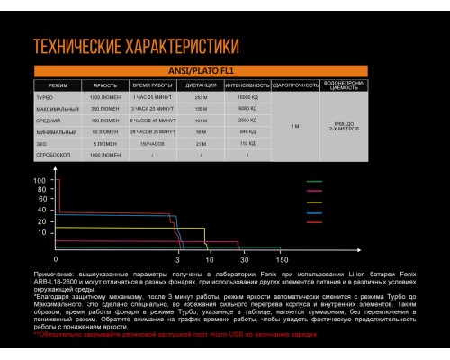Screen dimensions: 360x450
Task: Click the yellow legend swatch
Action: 315,202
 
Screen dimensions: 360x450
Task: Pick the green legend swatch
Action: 315,182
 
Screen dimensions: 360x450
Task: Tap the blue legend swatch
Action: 315,213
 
